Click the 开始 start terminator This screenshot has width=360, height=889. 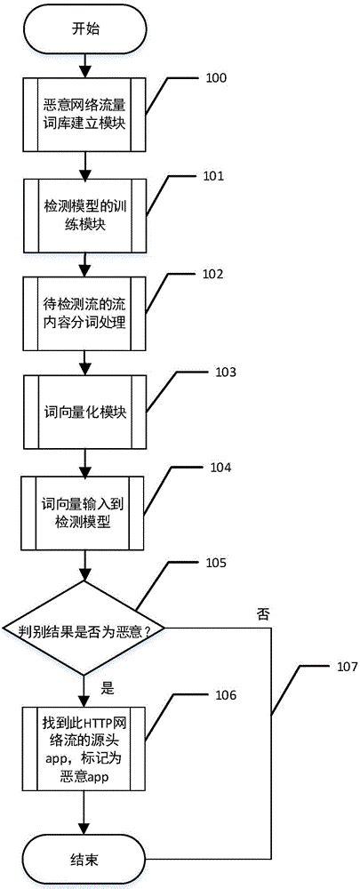coord(85,28)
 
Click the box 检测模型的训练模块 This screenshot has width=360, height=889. coord(85,215)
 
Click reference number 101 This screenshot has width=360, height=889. coord(214,177)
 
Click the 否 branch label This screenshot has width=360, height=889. coord(262,614)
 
